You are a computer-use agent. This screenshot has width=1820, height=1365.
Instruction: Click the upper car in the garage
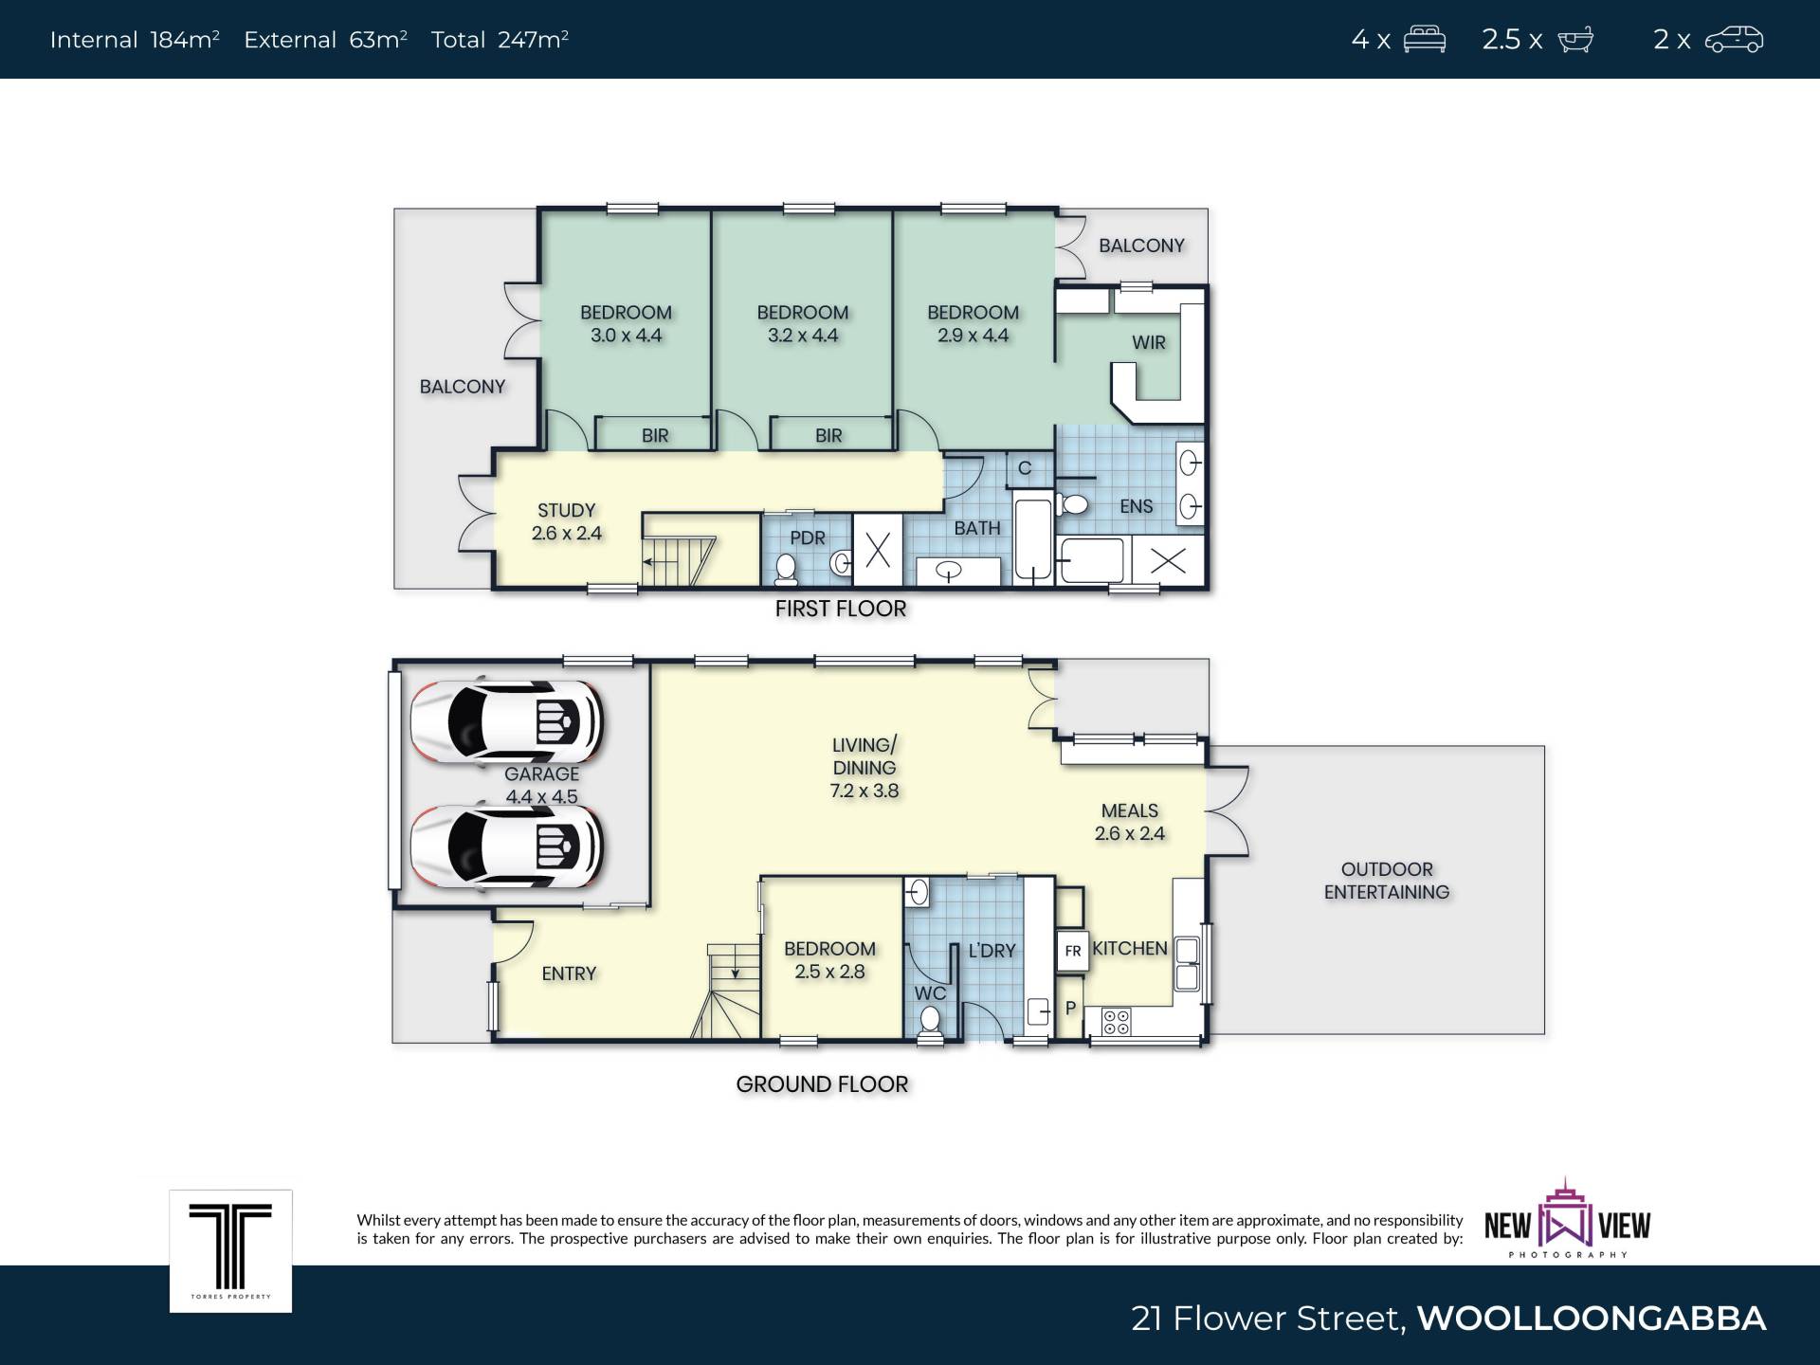pos(507,722)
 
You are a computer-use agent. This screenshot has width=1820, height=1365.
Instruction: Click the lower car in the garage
pos(507,846)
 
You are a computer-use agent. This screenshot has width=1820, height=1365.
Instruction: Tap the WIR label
pos(1149,342)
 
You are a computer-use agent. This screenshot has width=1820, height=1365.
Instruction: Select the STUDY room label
pos(567,510)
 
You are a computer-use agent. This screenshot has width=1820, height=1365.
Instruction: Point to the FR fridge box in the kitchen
pos(1072,951)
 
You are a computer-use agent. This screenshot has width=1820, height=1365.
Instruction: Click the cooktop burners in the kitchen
pos(1117,1022)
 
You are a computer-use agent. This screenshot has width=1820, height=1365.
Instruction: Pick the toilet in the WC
pos(930,1022)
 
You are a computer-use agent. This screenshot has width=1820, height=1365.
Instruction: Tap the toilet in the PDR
pos(786,568)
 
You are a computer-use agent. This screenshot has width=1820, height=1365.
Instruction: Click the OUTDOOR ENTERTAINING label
pos(1387,881)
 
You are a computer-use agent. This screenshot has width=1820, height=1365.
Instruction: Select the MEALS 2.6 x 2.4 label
pos(1130,822)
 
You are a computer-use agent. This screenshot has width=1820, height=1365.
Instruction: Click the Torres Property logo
pos(230,1251)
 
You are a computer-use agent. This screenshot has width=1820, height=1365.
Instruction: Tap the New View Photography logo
pos(1568,1220)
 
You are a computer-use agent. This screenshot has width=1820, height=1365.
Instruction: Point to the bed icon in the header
pos(1425,39)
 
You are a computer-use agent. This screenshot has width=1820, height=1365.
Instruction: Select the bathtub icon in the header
pos(1575,40)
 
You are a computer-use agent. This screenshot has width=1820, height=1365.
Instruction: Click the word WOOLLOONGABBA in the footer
pos(1592,1319)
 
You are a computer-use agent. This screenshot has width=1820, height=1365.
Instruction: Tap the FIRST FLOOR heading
pos(841,609)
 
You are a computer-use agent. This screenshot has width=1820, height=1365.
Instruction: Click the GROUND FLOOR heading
pos(822,1084)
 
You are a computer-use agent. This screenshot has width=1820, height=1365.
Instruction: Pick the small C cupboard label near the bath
pos(1025,468)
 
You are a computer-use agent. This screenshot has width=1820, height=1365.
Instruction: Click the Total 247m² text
pos(500,40)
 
